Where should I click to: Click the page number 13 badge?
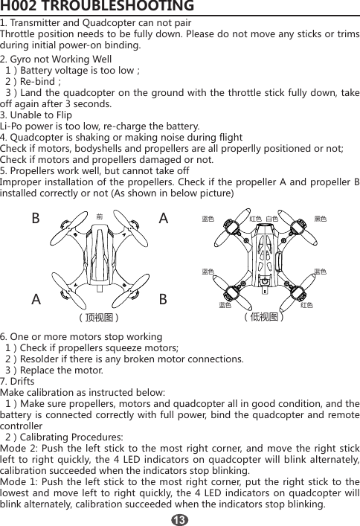click(179, 517)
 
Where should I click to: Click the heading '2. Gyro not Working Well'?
click(57, 59)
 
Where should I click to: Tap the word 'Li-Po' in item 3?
click(13, 126)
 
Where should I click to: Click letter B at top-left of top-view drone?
click(35, 220)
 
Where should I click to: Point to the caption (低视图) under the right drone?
click(266, 317)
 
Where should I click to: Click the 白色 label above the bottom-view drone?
click(271, 219)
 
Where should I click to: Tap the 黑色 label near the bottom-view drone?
click(321, 219)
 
